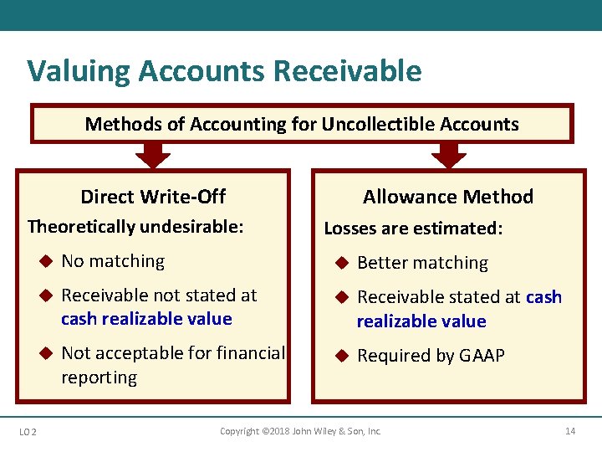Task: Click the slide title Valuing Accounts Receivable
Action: pyautogui.click(x=224, y=71)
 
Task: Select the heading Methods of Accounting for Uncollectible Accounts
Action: pyautogui.click(x=302, y=125)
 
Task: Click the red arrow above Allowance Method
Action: pyautogui.click(x=449, y=154)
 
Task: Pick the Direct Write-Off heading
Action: pyautogui.click(x=153, y=197)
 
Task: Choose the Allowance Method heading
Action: pyautogui.click(x=447, y=197)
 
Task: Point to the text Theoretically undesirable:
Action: pyautogui.click(x=135, y=226)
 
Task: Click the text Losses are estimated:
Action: pyautogui.click(x=413, y=228)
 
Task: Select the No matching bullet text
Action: pyautogui.click(x=113, y=261)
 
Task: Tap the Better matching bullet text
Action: pyautogui.click(x=422, y=263)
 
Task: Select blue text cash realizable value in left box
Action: pyautogui.click(x=146, y=319)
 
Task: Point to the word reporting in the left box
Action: pyautogui.click(x=99, y=378)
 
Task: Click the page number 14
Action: pyautogui.click(x=570, y=431)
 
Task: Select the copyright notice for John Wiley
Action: pyautogui.click(x=300, y=431)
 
